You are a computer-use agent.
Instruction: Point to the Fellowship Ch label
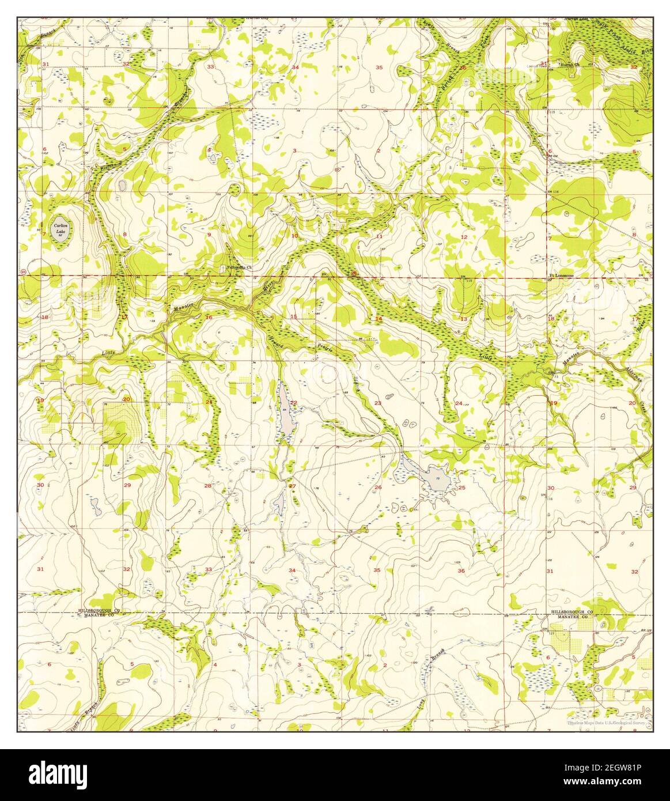click(237, 267)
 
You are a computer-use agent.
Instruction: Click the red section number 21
click(209, 402)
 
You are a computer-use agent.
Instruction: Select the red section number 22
click(293, 403)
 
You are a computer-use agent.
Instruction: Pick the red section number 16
click(209, 318)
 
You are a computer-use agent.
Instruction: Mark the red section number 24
click(459, 403)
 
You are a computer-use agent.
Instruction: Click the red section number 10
click(294, 235)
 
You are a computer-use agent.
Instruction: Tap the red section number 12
click(463, 237)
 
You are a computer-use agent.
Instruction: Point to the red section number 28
click(208, 486)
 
